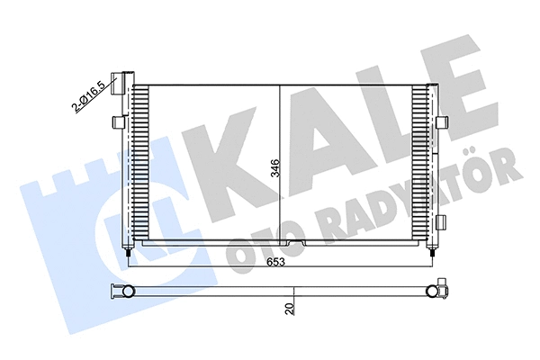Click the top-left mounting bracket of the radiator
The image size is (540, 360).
coord(114,79)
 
